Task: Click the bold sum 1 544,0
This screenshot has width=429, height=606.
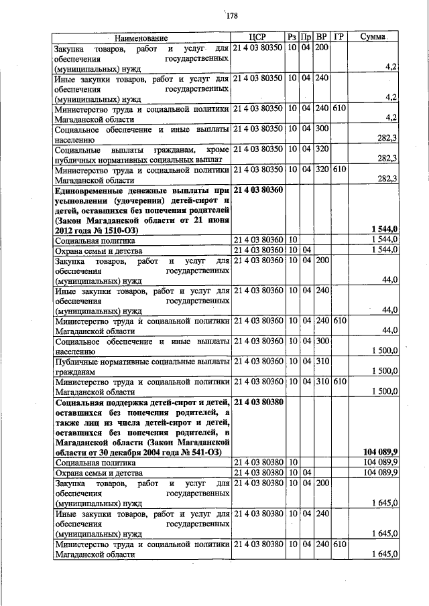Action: point(385,230)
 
